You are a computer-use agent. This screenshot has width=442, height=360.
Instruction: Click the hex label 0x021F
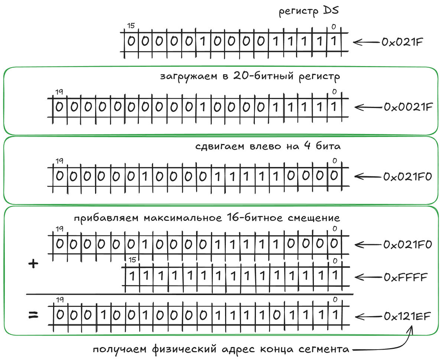[x=402, y=42]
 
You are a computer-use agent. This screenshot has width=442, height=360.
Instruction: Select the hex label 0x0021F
[x=408, y=107]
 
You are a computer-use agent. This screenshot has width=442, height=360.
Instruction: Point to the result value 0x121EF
[x=407, y=317]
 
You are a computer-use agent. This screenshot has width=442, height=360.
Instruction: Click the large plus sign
[x=33, y=264]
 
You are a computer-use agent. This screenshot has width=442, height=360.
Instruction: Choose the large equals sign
[x=33, y=315]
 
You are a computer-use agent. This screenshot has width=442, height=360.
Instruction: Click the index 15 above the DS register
[x=130, y=26]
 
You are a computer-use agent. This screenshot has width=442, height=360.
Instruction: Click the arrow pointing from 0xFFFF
[x=368, y=277]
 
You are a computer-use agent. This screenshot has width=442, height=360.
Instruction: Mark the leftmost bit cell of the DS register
[x=131, y=41]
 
